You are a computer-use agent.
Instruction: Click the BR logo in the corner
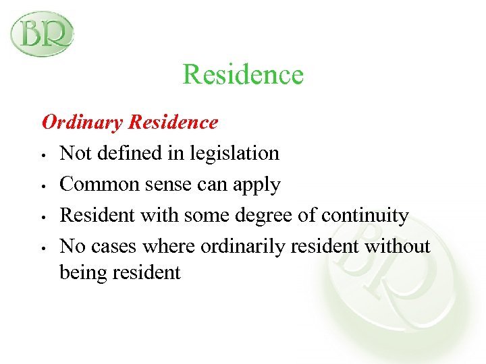pyautogui.click(x=42, y=33)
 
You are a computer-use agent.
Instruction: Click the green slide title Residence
pyautogui.click(x=243, y=74)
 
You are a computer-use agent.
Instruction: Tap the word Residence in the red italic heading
pyautogui.click(x=173, y=122)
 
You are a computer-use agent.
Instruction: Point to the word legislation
pyautogui.click(x=236, y=154)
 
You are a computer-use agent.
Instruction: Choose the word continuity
pyautogui.click(x=365, y=216)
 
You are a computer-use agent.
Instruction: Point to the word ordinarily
pyautogui.click(x=244, y=247)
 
